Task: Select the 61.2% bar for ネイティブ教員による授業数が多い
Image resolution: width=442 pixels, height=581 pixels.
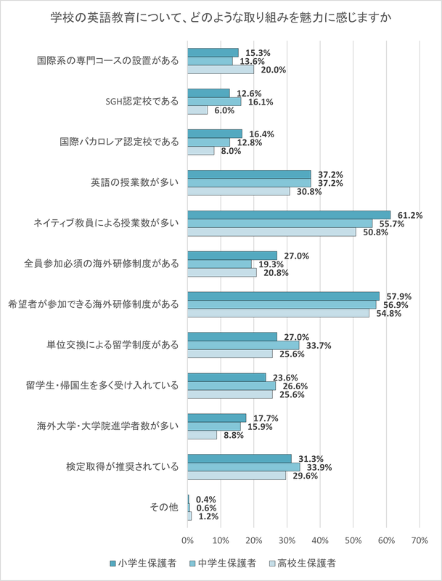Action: pyautogui.click(x=289, y=215)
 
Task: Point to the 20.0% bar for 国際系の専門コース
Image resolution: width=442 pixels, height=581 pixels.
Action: pyautogui.click(x=221, y=70)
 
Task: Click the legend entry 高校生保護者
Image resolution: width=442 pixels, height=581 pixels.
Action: pyautogui.click(x=304, y=563)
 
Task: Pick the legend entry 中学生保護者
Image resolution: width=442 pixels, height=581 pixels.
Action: pyautogui.click(x=224, y=563)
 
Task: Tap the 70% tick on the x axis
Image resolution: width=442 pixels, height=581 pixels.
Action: pyautogui.click(x=420, y=540)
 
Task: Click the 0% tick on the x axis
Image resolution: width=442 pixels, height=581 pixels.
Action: pyautogui.click(x=188, y=540)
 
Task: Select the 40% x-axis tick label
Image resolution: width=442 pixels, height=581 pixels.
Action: pyautogui.click(x=320, y=540)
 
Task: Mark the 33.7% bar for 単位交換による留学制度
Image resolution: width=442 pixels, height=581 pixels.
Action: pyautogui.click(x=243, y=345)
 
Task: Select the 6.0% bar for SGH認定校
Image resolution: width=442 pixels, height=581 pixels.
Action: pyautogui.click(x=197, y=110)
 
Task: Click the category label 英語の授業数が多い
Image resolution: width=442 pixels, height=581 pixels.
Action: pyautogui.click(x=137, y=183)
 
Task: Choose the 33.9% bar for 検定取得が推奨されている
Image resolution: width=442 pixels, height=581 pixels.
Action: pyautogui.click(x=244, y=467)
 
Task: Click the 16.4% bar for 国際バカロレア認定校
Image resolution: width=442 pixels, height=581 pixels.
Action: pyautogui.click(x=215, y=134)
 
